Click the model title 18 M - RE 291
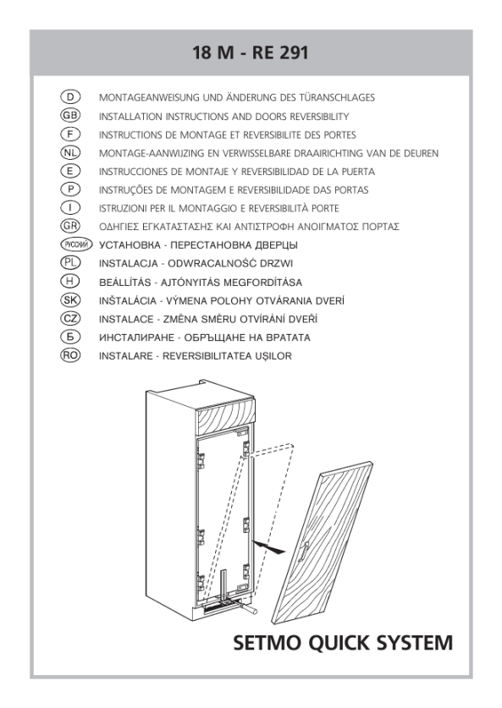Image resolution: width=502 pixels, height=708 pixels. [x=251, y=52]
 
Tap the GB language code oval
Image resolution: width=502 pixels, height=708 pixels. [x=70, y=116]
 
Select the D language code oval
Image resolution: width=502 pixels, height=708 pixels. [x=70, y=97]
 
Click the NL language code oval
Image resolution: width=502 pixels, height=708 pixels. [x=70, y=152]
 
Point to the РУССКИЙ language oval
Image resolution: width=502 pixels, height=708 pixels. [x=76, y=244]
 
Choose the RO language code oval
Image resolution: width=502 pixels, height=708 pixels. [x=70, y=355]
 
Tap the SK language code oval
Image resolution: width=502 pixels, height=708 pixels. [x=70, y=299]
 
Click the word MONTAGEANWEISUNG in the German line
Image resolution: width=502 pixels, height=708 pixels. [x=149, y=97]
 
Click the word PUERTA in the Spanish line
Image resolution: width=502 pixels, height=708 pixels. [x=358, y=172]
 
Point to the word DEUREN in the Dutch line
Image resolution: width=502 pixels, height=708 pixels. [x=420, y=153]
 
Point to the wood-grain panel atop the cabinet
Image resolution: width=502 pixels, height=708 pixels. [x=224, y=416]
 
